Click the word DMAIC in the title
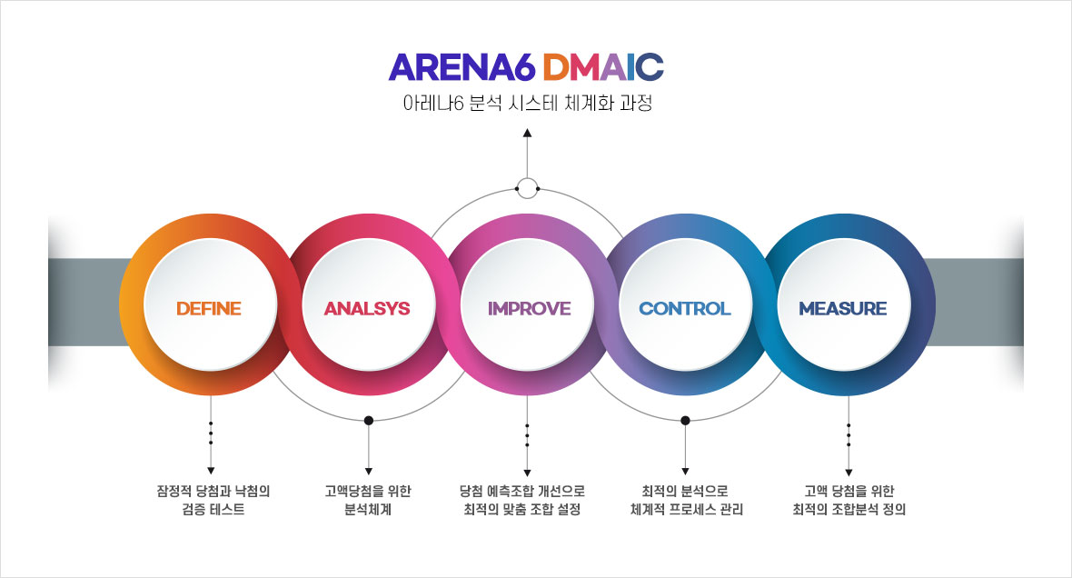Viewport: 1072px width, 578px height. pyautogui.click(x=604, y=66)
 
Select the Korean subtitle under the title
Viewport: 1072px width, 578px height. pyautogui.click(x=527, y=104)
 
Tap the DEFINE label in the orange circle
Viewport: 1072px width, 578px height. pyautogui.click(x=209, y=308)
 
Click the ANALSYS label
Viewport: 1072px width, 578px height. pyautogui.click(x=367, y=308)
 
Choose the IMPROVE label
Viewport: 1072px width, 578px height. pyautogui.click(x=529, y=308)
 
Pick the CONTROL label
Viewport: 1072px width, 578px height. pyautogui.click(x=684, y=308)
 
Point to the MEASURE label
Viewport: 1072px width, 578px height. pyautogui.click(x=843, y=308)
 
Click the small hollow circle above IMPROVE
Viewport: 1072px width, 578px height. pyautogui.click(x=527, y=188)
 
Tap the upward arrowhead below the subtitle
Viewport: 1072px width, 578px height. pyautogui.click(x=527, y=133)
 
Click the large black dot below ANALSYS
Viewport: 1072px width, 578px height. pyautogui.click(x=369, y=420)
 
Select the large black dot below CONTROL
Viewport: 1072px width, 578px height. pyautogui.click(x=685, y=420)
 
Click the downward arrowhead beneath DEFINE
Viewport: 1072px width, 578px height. pyautogui.click(x=211, y=471)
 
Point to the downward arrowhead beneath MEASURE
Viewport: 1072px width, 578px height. pyautogui.click(x=849, y=473)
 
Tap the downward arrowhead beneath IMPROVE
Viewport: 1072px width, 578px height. pyautogui.click(x=527, y=473)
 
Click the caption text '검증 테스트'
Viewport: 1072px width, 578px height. pyautogui.click(x=213, y=510)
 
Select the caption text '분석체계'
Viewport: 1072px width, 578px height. pyautogui.click(x=368, y=510)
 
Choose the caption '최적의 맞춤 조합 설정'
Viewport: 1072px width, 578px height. pyautogui.click(x=522, y=510)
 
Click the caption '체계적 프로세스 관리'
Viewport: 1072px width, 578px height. pyautogui.click(x=687, y=510)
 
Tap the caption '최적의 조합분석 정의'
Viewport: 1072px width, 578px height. pyautogui.click(x=849, y=510)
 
